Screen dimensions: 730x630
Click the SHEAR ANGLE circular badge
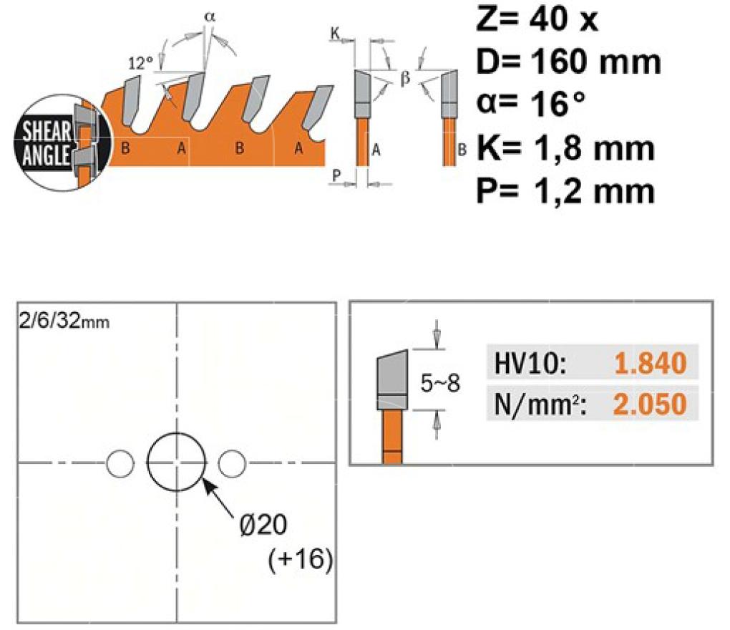[62, 142]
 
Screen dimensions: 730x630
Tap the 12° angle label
[140, 63]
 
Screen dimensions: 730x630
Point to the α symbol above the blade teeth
[210, 16]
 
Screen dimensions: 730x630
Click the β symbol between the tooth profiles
[405, 78]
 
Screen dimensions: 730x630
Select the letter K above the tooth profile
[335, 34]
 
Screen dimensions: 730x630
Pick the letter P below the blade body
[336, 175]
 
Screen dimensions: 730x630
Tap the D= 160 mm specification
[568, 62]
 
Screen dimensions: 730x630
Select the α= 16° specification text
[530, 103]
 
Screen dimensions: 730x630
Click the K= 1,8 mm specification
[565, 147]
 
